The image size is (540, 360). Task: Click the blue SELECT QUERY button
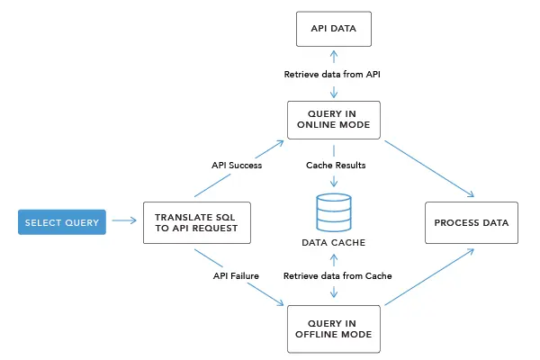point(62,221)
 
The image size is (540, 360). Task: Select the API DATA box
point(335,29)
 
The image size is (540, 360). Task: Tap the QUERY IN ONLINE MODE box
point(335,120)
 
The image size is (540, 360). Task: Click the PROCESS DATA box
point(471,222)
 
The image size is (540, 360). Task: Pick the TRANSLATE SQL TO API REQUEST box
point(195,222)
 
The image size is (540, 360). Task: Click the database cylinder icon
point(335,212)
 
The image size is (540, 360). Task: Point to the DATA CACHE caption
point(335,242)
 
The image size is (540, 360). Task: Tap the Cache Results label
point(335,166)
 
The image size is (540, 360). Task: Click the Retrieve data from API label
point(335,73)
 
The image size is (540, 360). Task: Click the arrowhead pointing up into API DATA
point(335,53)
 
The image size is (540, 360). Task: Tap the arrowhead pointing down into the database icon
point(335,184)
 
